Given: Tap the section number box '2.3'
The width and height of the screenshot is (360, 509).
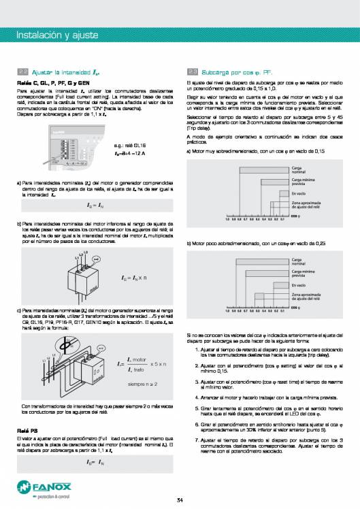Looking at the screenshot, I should pos(192,71).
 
